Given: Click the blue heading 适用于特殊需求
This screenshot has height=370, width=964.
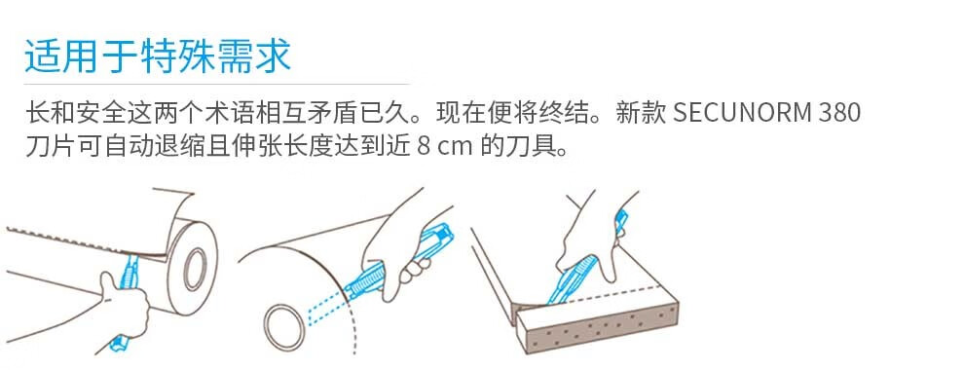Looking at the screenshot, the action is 158,56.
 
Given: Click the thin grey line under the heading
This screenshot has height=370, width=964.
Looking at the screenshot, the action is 216,84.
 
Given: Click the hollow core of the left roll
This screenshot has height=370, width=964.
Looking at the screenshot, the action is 195,269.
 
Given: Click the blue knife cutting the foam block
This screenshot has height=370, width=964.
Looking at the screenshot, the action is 572,279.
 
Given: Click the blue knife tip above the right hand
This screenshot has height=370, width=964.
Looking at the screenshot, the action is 622,220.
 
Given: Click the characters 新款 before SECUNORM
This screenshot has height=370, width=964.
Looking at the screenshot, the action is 641,113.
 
